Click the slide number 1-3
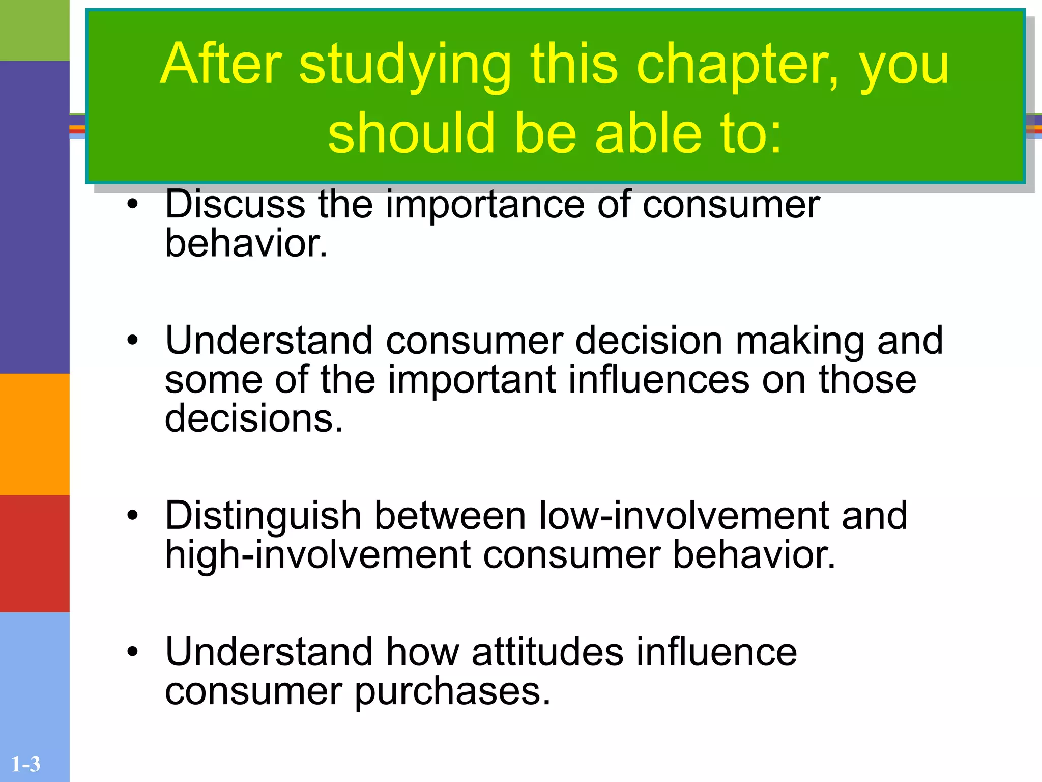point(25,764)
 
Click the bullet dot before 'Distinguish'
point(133,515)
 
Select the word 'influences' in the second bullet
point(658,380)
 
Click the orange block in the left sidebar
point(35,434)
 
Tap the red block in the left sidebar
point(35,553)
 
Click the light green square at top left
point(35,30)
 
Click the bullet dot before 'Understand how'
point(133,651)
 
